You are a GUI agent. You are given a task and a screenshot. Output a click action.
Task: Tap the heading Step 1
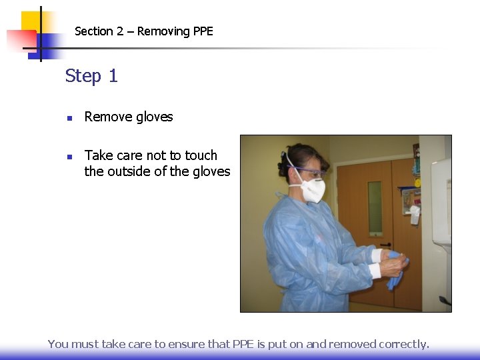(x=91, y=76)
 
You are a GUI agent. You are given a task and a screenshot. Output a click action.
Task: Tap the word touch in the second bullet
(x=201, y=155)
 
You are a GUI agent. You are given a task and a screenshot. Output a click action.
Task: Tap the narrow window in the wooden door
(x=375, y=207)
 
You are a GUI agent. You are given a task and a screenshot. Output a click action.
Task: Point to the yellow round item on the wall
(x=417, y=183)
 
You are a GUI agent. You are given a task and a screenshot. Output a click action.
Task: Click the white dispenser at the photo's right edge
(x=441, y=200)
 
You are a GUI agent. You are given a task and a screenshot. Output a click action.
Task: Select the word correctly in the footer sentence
(x=404, y=344)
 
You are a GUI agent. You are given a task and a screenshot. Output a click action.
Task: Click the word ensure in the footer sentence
(x=188, y=344)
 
